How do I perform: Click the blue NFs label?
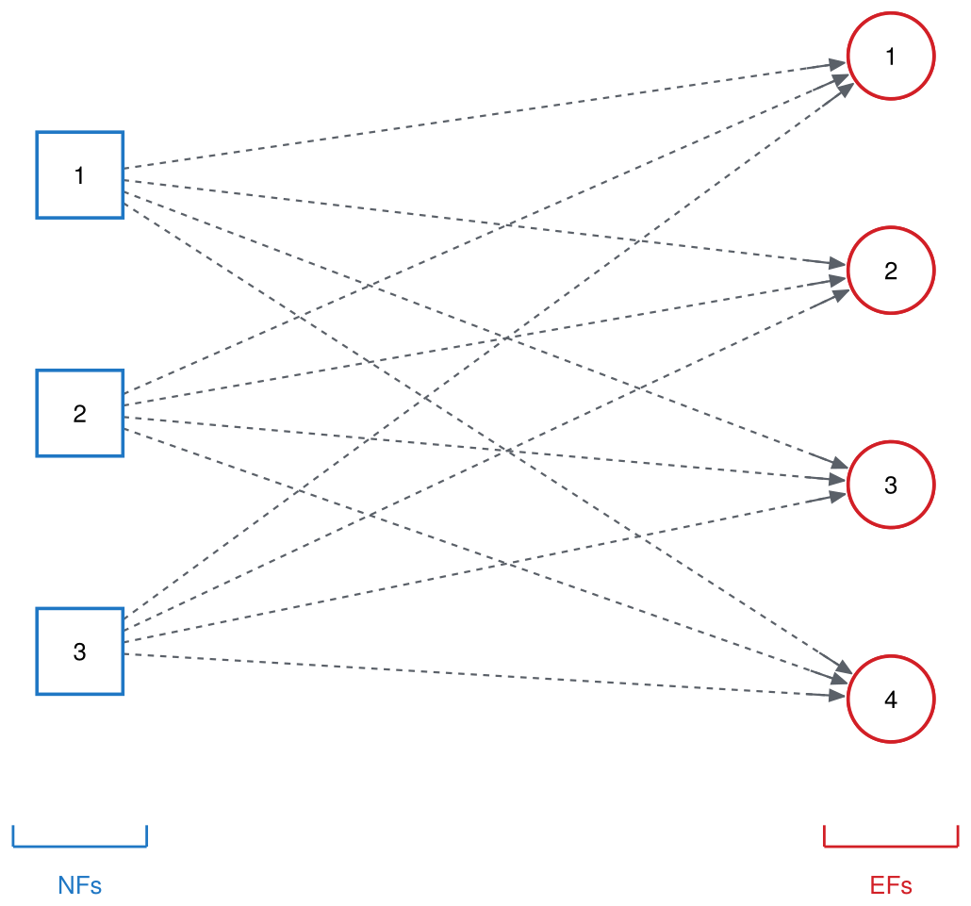coord(80,885)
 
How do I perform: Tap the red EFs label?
coord(891,885)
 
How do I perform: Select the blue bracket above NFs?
coord(80,846)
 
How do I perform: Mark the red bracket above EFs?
coord(891,846)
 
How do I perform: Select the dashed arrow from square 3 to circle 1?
coord(489,351)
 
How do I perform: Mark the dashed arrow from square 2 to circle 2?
coord(485,342)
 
